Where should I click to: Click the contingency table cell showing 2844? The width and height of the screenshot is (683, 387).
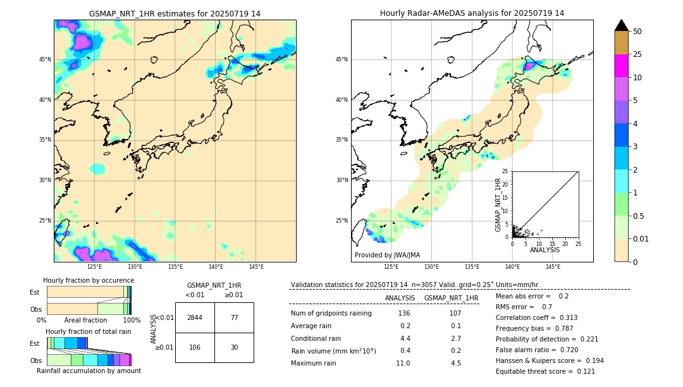coord(195,317)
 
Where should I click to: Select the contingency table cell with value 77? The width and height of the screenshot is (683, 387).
coord(234,317)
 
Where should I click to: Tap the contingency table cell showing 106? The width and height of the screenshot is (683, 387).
coord(195,347)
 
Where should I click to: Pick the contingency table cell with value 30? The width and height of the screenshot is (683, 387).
coord(234,347)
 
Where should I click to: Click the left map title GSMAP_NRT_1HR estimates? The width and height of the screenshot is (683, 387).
coord(175,13)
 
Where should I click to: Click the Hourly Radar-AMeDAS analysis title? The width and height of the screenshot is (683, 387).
coord(472,13)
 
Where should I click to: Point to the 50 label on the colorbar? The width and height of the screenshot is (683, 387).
coord(637,31)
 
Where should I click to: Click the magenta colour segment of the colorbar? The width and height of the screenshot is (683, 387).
coord(621,66)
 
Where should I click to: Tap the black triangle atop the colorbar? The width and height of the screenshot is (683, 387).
coord(621,25)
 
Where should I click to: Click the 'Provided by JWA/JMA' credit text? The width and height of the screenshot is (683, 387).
coord(387,255)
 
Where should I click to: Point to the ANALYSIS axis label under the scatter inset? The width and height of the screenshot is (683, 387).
coord(545,250)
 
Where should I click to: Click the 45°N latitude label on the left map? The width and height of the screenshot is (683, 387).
coord(45,59)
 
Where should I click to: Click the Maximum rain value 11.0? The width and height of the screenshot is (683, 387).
coord(403,363)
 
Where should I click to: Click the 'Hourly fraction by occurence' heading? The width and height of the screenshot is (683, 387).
coord(89,280)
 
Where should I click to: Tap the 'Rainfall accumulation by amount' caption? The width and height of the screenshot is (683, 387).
coord(89,371)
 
